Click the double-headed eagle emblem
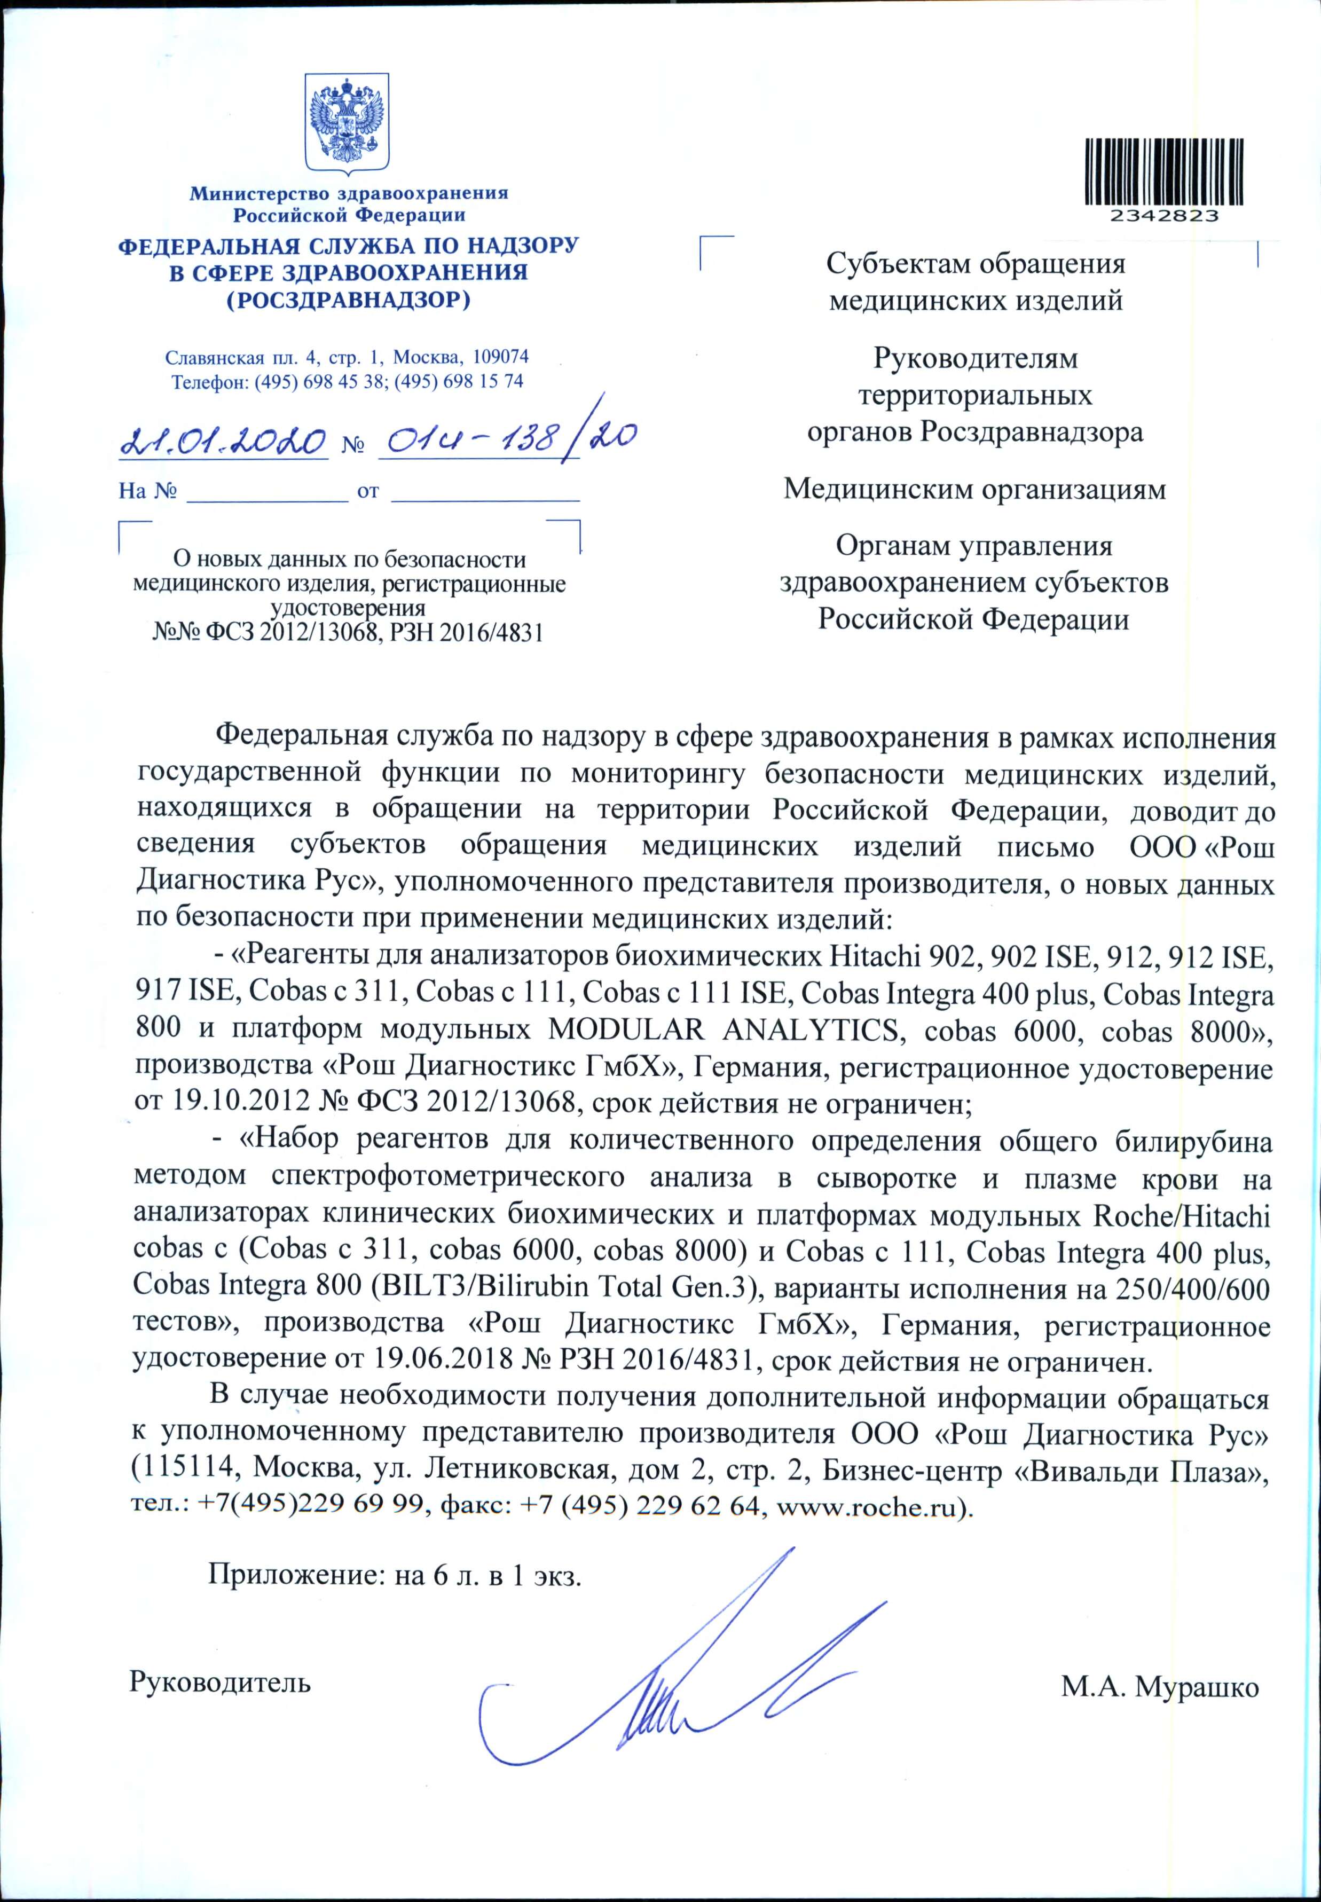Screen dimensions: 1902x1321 (347, 124)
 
